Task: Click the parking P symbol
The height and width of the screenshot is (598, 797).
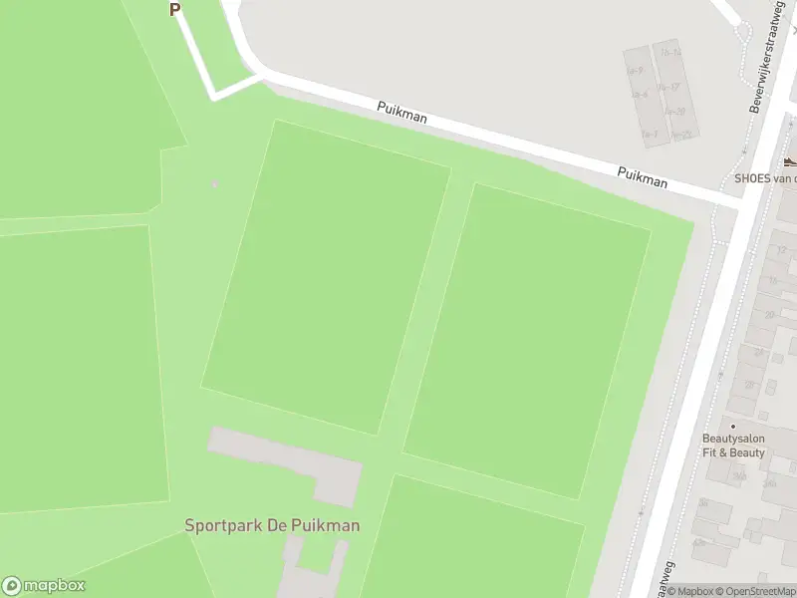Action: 175,9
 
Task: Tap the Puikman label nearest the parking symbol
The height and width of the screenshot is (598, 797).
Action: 402,112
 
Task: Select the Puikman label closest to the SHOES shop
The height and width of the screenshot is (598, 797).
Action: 642,176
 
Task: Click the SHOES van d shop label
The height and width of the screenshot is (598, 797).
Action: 765,178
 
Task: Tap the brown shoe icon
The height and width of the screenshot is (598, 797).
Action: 790,161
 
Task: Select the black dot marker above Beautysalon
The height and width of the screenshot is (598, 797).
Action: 733,426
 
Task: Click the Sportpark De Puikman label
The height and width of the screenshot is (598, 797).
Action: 272,525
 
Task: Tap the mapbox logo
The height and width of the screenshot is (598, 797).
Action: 44,586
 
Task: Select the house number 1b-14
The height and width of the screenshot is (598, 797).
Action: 669,52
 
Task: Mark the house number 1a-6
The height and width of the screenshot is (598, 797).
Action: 639,95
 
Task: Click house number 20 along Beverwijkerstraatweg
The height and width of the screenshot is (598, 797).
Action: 768,315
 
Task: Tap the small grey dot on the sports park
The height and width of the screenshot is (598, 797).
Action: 214,183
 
